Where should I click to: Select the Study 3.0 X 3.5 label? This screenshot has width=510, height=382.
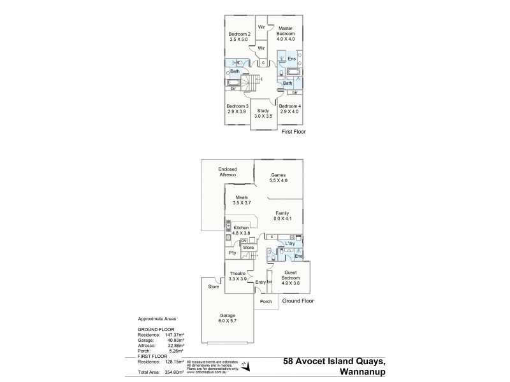pyautogui.click(x=263, y=113)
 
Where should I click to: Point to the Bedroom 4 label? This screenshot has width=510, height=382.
pyautogui.click(x=291, y=108)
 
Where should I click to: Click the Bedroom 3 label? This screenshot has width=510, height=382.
pyautogui.click(x=237, y=108)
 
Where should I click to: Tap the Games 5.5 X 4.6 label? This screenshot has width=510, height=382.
pyautogui.click(x=279, y=178)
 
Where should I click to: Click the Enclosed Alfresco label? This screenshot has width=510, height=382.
pyautogui.click(x=228, y=172)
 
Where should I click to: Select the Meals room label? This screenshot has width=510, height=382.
pyautogui.click(x=241, y=200)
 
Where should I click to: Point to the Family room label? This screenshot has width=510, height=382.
pyautogui.click(x=282, y=216)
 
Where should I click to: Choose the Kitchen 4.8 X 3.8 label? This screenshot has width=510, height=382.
pyautogui.click(x=240, y=230)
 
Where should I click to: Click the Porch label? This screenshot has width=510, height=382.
pyautogui.click(x=266, y=302)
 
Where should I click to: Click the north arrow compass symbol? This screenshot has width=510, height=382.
pyautogui.click(x=247, y=365)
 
